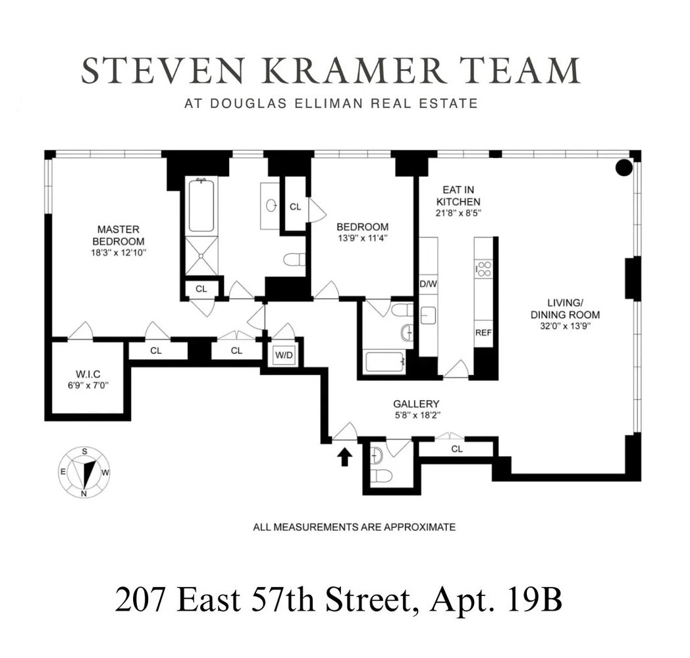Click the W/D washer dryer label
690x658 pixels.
point(284,355)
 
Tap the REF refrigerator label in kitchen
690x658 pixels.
point(483,333)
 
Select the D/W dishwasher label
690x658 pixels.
point(428,284)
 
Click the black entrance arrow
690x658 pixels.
point(344,456)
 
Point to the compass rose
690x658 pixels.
point(84,472)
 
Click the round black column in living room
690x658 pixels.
point(623,168)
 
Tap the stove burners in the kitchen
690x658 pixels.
point(484,269)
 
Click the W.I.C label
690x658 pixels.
point(88,373)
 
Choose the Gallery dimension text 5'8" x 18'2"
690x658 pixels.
point(416,416)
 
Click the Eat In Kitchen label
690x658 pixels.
point(459,196)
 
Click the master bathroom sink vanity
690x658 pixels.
point(270,205)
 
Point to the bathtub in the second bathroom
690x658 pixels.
point(384,362)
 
